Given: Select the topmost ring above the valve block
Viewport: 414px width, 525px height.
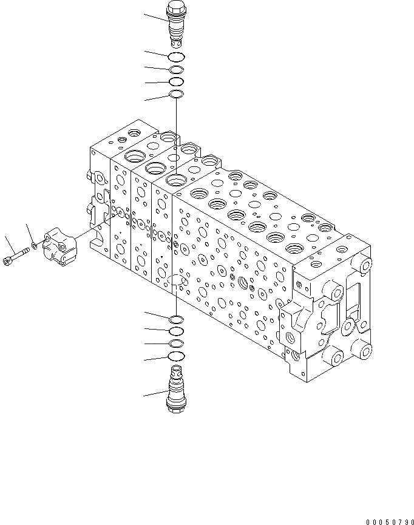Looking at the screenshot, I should (175, 57).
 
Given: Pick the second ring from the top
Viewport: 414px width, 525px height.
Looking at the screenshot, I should (175, 70).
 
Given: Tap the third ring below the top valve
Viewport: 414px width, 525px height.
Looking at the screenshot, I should (175, 81).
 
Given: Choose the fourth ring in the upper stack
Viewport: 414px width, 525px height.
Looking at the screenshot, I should (175, 94).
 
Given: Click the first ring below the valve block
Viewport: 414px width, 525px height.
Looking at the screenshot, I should (175, 319).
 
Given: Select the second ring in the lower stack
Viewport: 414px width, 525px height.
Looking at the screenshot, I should (175, 331).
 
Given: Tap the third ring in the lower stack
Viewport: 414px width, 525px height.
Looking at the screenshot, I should (175, 344).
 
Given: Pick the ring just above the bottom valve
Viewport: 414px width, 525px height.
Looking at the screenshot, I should (175, 356).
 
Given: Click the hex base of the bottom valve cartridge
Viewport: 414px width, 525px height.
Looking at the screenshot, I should (175, 408).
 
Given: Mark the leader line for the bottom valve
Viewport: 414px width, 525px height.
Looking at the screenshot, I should (155, 393).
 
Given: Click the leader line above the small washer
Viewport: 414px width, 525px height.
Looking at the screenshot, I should (30, 234).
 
